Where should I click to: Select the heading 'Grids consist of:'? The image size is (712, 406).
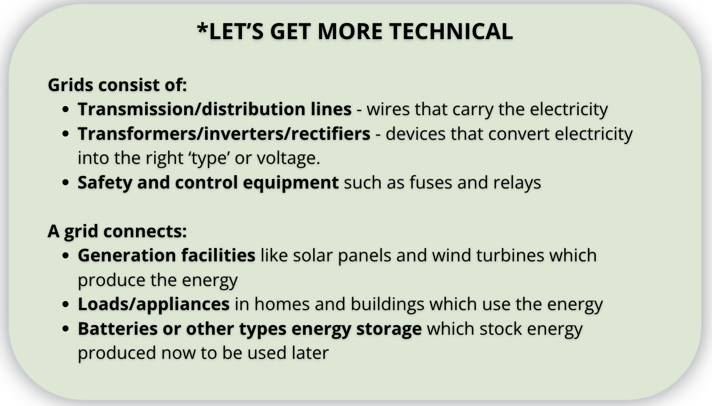tap(117, 85)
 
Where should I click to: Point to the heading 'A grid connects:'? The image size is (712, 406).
tap(117, 231)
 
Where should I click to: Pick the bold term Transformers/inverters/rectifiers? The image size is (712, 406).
tap(224, 133)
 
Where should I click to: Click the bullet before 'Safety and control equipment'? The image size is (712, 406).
tap(66, 183)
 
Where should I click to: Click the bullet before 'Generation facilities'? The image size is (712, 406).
tap(66, 255)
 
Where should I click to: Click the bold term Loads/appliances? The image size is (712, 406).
tap(154, 304)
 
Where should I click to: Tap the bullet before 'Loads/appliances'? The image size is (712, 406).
tap(66, 304)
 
